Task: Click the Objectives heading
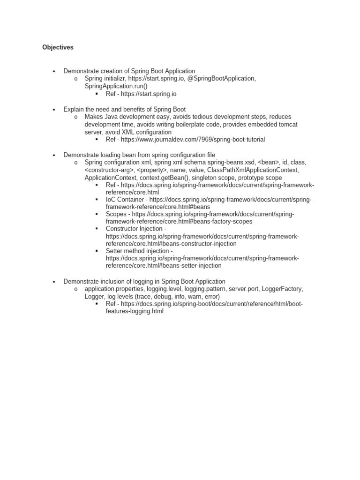(58, 47)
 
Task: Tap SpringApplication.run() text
(116, 86)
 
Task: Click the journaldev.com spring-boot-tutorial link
(193, 139)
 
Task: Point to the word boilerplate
(198, 124)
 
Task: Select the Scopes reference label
(116, 214)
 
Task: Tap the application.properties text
(115, 289)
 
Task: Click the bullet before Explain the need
(54, 109)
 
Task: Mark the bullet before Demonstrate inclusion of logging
(54, 281)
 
